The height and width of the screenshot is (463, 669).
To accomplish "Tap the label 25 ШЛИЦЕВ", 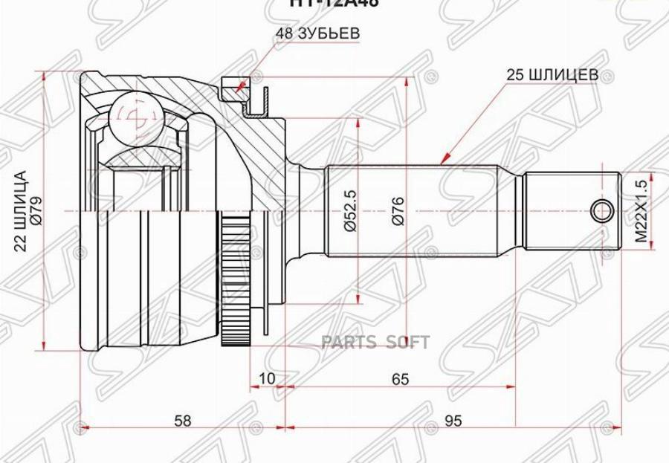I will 551,75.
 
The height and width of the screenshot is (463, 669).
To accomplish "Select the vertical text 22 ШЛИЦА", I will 22,212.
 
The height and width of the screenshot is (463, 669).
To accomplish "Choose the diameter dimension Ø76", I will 398,212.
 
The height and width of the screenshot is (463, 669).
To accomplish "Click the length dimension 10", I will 267,379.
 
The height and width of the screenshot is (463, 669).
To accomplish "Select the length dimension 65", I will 400,379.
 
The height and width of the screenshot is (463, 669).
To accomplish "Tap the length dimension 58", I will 182,421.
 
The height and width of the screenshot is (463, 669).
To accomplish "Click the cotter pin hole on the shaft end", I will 602,211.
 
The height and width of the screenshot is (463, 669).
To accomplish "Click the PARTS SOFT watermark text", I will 375,343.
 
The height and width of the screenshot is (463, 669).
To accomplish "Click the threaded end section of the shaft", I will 572,211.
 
